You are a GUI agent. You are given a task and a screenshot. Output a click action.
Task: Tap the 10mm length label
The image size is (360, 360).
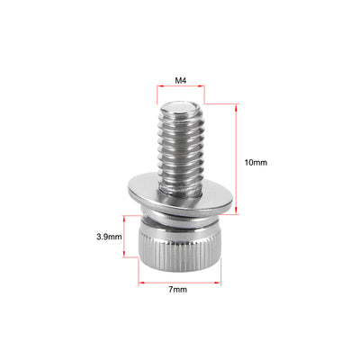[x=256, y=162]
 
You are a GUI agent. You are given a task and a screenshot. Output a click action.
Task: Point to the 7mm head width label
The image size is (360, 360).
[x=178, y=290]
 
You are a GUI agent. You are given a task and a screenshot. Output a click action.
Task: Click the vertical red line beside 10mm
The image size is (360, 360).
[x=237, y=157]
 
